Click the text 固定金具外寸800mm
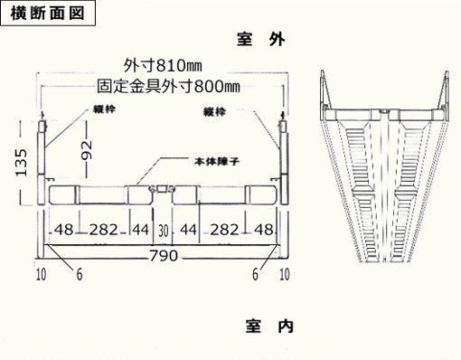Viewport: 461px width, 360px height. [168, 87]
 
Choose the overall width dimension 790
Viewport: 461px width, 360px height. [163, 257]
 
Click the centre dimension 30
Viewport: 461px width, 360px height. [164, 231]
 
